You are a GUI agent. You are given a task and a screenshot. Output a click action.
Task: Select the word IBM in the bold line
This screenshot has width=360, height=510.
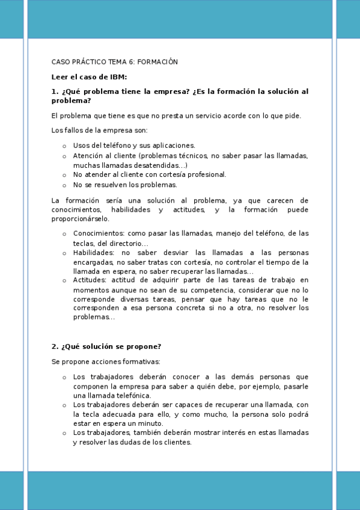coord(118,76)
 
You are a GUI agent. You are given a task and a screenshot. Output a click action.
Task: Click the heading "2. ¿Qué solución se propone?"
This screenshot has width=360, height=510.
coord(106,346)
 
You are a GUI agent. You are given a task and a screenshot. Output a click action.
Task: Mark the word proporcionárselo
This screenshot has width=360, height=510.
coord(80,219)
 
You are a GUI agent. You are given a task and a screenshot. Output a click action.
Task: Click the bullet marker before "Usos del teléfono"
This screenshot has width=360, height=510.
coord(64,146)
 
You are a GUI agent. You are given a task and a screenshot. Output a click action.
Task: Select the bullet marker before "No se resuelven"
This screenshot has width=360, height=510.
coord(64,185)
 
